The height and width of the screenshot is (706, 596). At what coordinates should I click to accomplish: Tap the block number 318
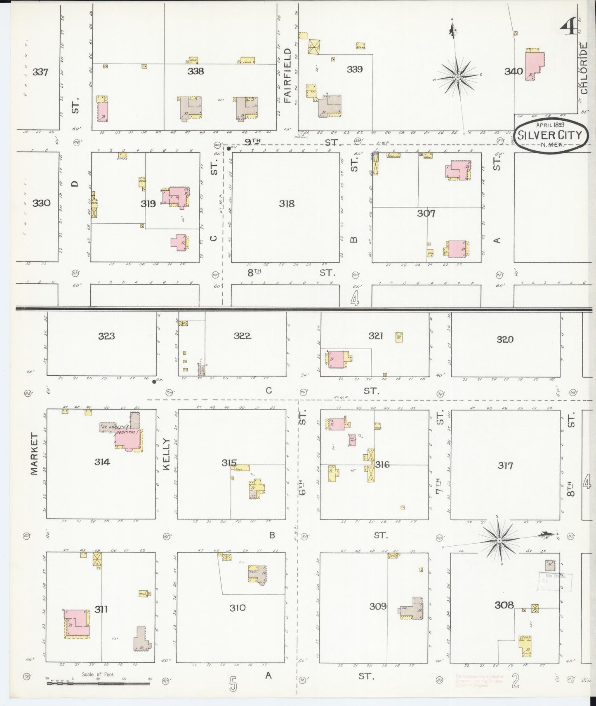pos(286,203)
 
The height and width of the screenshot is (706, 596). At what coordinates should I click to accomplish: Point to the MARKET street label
pos(34,453)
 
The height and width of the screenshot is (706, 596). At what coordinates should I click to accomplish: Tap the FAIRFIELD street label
pos(287,75)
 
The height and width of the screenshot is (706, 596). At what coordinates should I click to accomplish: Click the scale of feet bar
pos(98,683)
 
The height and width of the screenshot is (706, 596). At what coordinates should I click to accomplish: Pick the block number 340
pos(514,71)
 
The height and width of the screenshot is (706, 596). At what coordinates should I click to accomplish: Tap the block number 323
pos(106,336)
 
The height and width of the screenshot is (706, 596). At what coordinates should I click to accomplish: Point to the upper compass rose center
pos(458,77)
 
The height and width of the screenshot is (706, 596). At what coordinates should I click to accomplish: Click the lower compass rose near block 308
pos(499,540)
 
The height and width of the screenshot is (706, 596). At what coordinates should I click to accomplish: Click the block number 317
pos(505,465)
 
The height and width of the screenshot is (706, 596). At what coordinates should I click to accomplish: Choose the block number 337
pos(40,72)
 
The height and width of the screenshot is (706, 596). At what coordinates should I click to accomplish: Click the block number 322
pos(242,336)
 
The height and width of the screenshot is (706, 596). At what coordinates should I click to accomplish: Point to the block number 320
pos(505,339)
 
